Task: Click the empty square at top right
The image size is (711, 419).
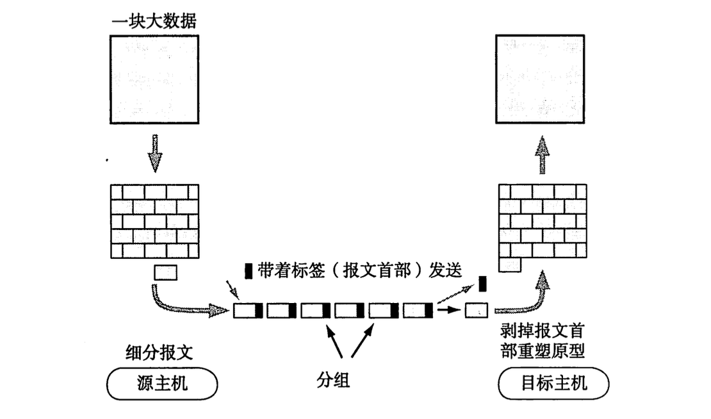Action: click(541, 79)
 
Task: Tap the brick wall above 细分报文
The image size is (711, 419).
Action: click(154, 220)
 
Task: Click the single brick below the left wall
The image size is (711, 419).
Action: click(165, 273)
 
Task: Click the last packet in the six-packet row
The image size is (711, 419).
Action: click(418, 311)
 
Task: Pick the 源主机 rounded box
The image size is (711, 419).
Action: click(162, 384)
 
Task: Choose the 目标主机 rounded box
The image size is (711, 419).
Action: click(553, 384)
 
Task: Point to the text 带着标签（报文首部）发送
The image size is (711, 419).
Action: click(359, 270)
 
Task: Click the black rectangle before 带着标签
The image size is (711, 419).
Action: click(249, 270)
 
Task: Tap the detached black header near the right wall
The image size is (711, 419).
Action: click(483, 283)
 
